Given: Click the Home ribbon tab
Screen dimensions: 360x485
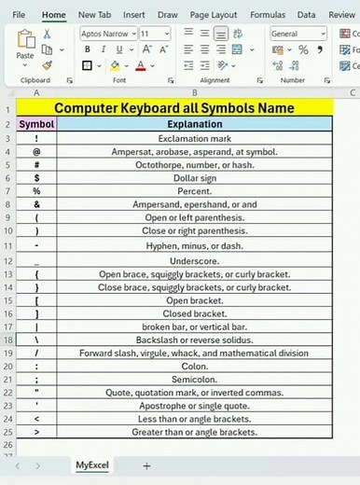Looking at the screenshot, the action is tap(54, 15).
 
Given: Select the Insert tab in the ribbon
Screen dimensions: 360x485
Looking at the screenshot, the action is tap(133, 15).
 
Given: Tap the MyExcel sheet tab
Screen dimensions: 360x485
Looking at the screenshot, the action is tap(92, 464).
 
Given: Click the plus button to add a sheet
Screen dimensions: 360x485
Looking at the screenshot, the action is tap(145, 464).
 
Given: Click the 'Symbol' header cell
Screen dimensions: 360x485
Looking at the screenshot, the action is tap(36, 124).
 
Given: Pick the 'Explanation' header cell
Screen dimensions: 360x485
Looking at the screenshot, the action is tap(194, 124).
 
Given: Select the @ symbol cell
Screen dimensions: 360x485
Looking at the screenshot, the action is tap(36, 150).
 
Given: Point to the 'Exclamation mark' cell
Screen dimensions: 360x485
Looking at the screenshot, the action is tap(194, 137).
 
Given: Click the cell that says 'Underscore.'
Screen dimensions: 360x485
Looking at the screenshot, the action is tap(194, 261).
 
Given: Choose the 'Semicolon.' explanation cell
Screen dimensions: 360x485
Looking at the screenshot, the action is tap(194, 380).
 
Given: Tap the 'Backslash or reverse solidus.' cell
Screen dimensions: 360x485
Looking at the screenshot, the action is tap(194, 340).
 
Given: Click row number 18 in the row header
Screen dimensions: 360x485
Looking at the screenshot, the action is tap(7, 340).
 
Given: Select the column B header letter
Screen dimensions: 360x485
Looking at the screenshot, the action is tap(194, 93).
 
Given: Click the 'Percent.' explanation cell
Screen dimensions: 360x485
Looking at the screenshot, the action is tap(194, 189).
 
